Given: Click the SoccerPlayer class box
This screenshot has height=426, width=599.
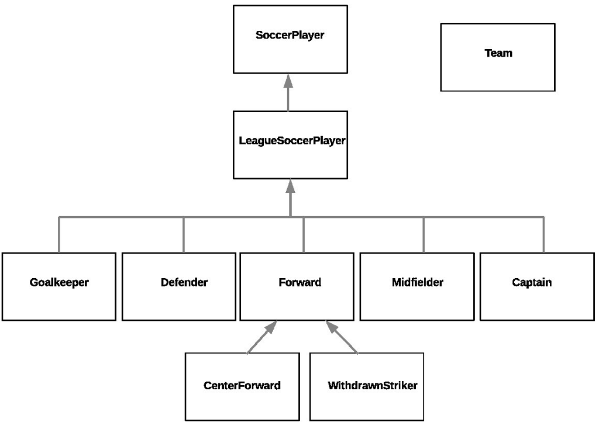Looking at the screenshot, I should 290,39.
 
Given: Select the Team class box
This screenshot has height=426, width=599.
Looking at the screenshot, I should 497,57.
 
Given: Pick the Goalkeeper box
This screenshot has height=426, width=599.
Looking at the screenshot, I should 58,286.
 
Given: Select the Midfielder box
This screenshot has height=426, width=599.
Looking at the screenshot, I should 417,286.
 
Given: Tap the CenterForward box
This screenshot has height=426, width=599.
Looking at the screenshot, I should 242,386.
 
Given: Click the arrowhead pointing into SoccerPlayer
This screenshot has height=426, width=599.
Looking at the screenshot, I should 288,81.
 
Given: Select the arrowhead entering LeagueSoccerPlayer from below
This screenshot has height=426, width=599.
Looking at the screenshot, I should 290,187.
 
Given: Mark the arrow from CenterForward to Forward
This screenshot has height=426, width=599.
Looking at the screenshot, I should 261,337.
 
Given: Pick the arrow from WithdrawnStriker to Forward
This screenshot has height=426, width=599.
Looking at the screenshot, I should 342,337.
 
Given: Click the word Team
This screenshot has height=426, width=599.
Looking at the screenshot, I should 498,53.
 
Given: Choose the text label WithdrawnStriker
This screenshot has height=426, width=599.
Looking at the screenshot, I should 373,386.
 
